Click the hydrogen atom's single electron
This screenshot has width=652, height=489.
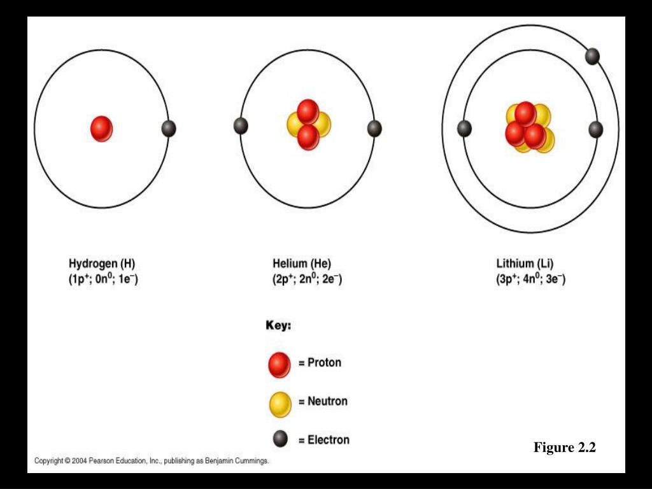pos(168,129)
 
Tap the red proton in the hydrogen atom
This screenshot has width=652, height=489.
pos(101,129)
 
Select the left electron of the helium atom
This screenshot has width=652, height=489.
pos(241,126)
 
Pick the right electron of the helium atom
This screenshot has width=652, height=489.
pos(374,129)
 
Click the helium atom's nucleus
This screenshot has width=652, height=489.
pos(308,124)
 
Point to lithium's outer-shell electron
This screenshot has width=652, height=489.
pos(592,56)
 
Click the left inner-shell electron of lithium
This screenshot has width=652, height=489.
pos(464,129)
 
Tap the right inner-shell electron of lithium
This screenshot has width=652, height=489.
pos(596,129)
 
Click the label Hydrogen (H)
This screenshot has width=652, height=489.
pos(102,264)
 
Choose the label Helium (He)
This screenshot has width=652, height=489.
pos(302,264)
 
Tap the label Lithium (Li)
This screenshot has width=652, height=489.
pos(525,264)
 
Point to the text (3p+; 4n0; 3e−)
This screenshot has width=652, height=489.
pos(531,279)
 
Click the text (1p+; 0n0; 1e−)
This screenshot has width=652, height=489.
pos(103,279)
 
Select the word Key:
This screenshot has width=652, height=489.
pos(278,325)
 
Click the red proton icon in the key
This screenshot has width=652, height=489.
pos(280,364)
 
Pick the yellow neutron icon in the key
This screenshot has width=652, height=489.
pos(280,404)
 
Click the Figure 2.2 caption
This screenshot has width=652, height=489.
pos(565,448)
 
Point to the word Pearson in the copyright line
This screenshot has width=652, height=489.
pos(105,461)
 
